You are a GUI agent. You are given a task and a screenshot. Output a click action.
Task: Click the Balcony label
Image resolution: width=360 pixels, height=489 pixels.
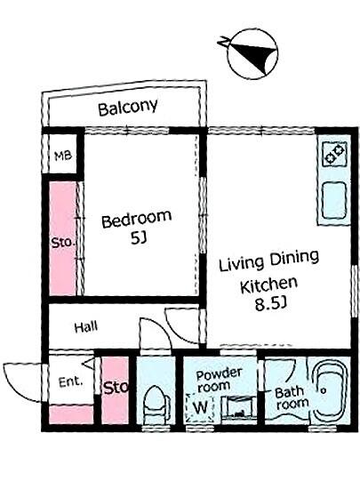click(x=128, y=108)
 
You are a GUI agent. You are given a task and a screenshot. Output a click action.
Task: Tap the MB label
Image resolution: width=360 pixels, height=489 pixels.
click(x=63, y=156)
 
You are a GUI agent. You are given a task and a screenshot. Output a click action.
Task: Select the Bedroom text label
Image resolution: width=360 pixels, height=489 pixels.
click(x=137, y=220)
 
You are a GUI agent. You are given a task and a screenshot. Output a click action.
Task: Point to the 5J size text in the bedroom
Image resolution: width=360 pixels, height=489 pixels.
click(x=138, y=239)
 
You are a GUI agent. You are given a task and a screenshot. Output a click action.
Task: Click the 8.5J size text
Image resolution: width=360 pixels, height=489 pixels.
click(x=270, y=304)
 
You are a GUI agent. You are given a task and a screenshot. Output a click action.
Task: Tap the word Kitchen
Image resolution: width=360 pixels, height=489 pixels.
click(x=268, y=285)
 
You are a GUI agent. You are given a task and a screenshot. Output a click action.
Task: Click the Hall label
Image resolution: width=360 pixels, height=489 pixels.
click(x=86, y=327)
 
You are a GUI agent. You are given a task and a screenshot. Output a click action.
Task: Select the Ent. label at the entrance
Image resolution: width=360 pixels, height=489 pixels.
click(x=71, y=381)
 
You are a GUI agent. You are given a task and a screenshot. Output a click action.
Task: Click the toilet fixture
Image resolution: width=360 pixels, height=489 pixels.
click(x=156, y=405)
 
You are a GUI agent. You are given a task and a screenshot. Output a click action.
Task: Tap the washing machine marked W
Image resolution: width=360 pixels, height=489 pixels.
click(x=200, y=407)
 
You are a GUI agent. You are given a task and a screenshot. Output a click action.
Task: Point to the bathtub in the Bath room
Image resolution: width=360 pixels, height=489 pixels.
click(x=330, y=391)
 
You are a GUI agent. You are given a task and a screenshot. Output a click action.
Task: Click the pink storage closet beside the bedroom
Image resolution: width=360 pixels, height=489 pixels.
click(x=62, y=238)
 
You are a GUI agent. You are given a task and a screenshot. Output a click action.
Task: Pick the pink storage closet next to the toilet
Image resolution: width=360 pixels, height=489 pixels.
click(x=116, y=390)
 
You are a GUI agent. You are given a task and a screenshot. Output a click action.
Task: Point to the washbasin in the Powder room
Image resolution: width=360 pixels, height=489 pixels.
click(x=239, y=406)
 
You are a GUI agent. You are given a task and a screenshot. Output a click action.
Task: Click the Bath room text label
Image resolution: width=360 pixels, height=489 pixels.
click(x=292, y=398)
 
